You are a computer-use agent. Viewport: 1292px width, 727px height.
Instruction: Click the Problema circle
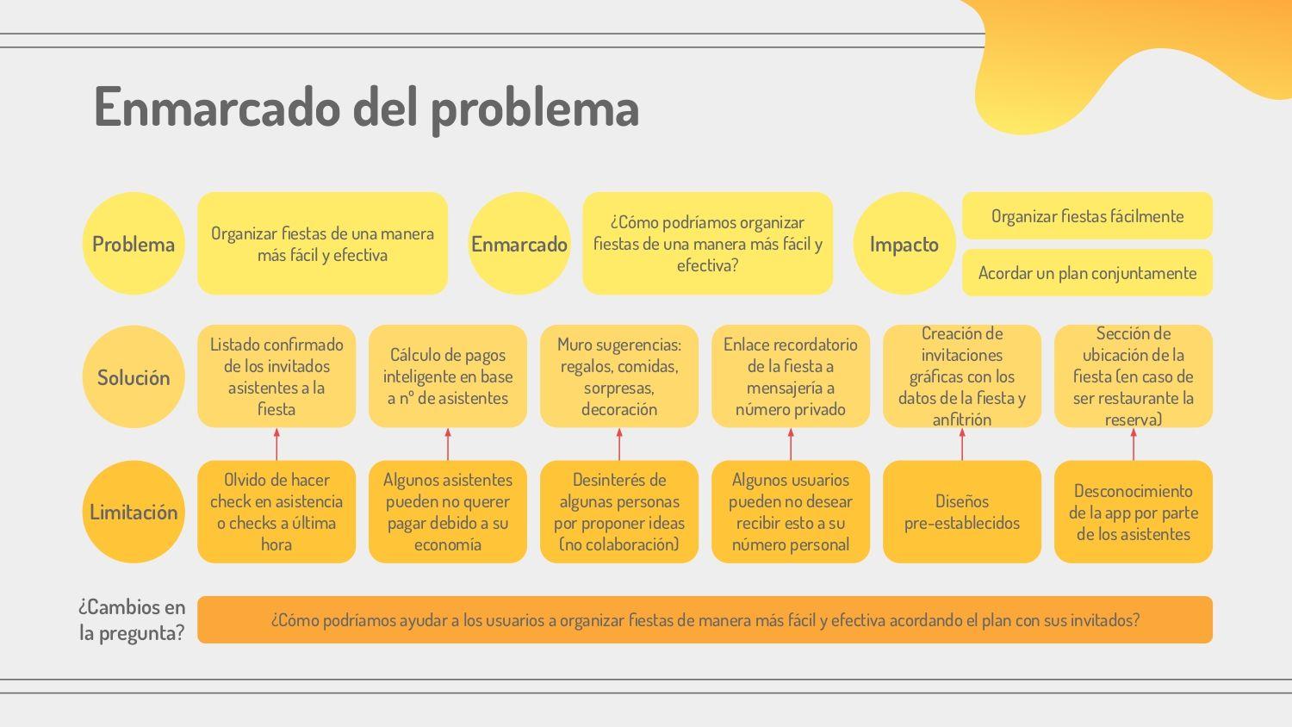134,244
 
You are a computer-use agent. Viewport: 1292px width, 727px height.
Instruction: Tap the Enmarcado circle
519,244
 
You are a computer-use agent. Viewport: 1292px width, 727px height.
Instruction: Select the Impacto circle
904,244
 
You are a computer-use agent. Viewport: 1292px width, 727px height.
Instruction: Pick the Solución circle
134,376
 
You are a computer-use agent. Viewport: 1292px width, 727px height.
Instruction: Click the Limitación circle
134,512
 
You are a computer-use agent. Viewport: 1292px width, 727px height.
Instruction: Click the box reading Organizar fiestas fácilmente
1087,216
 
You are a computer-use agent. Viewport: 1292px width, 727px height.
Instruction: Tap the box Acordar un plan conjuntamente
1087,272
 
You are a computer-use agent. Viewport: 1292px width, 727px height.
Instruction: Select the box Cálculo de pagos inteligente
448,376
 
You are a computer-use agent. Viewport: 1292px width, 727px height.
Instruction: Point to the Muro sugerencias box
619,376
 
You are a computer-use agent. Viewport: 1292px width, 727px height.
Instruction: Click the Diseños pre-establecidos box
961,512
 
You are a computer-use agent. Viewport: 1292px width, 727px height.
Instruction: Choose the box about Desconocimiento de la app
1134,512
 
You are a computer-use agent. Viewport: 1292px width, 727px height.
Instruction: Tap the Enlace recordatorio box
790,376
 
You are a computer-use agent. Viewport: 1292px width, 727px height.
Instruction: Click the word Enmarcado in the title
217,107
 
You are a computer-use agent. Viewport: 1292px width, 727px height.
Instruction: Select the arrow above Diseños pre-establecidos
961,444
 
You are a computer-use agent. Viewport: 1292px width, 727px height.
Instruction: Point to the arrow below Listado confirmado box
276,444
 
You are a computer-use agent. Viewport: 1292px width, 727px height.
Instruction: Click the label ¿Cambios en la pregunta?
132,619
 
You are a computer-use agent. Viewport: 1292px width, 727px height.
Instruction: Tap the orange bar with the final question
705,619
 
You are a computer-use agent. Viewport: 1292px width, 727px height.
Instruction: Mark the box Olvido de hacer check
276,512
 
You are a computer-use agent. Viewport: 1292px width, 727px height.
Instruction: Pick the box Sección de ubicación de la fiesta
1134,376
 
